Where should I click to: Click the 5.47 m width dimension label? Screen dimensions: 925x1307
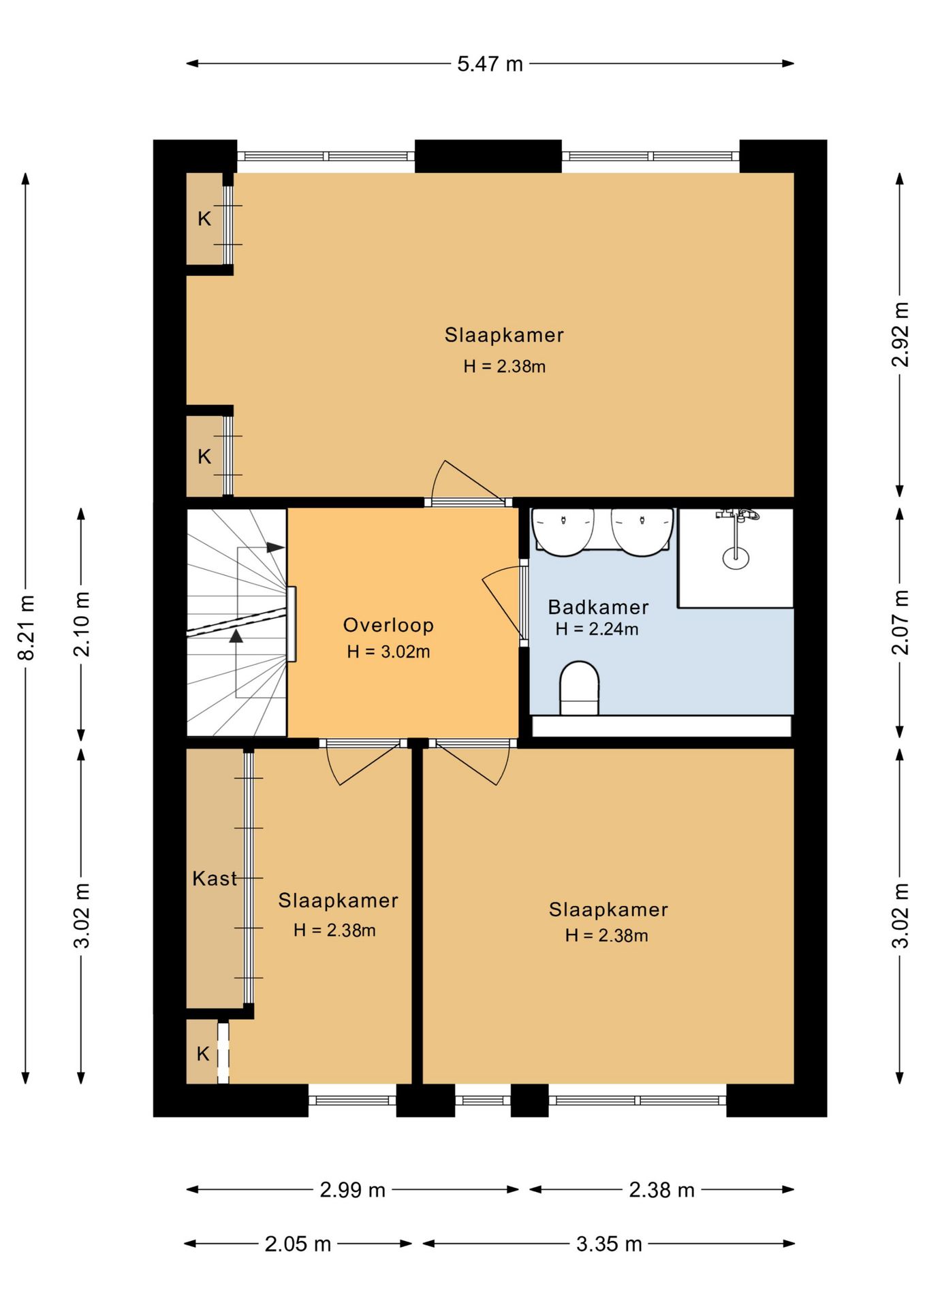click(490, 64)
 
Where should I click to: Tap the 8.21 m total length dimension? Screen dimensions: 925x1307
click(26, 628)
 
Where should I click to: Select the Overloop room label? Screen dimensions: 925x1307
click(388, 625)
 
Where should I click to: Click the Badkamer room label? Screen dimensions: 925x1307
click(598, 607)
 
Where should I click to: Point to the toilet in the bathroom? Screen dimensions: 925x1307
click(579, 688)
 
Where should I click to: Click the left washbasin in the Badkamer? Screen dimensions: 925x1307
click(563, 532)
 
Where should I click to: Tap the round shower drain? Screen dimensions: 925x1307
click(736, 558)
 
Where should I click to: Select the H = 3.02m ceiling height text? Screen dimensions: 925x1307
click(388, 651)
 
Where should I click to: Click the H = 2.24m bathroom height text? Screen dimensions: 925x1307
click(597, 629)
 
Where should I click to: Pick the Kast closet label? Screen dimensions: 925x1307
click(215, 878)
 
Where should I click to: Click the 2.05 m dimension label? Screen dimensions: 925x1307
click(298, 1244)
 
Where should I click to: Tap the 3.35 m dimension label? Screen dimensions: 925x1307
click(609, 1244)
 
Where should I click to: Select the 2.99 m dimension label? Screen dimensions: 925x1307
click(353, 1189)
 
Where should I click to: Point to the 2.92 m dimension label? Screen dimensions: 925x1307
click(900, 334)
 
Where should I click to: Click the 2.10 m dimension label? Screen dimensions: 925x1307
click(82, 624)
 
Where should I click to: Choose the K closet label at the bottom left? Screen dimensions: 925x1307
click(203, 1054)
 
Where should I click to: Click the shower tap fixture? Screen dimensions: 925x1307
click(737, 514)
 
